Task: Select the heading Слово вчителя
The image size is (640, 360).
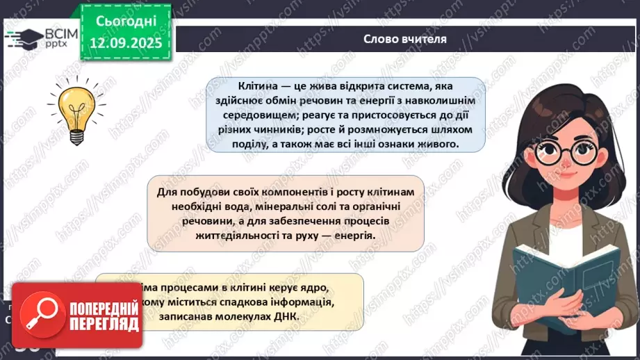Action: point(404,39)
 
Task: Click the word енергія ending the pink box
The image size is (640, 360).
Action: point(354,235)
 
